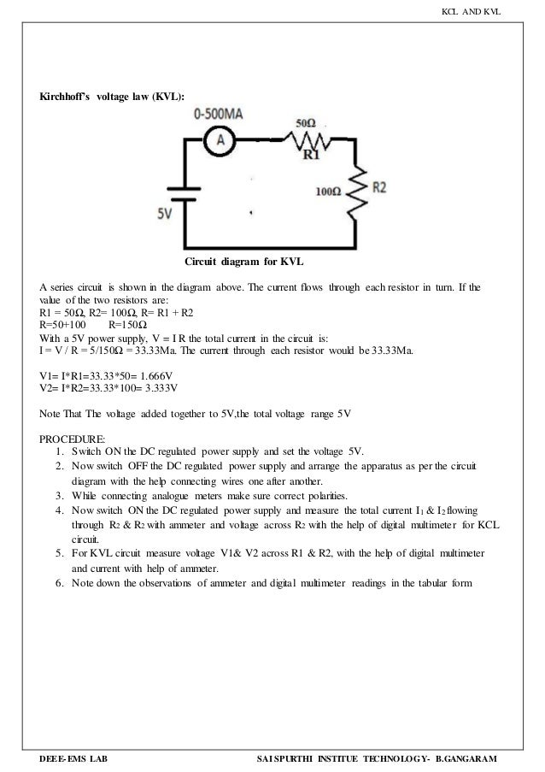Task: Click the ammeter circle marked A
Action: click(x=219, y=143)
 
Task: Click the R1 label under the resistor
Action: click(x=312, y=156)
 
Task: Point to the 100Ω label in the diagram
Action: click(x=329, y=193)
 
